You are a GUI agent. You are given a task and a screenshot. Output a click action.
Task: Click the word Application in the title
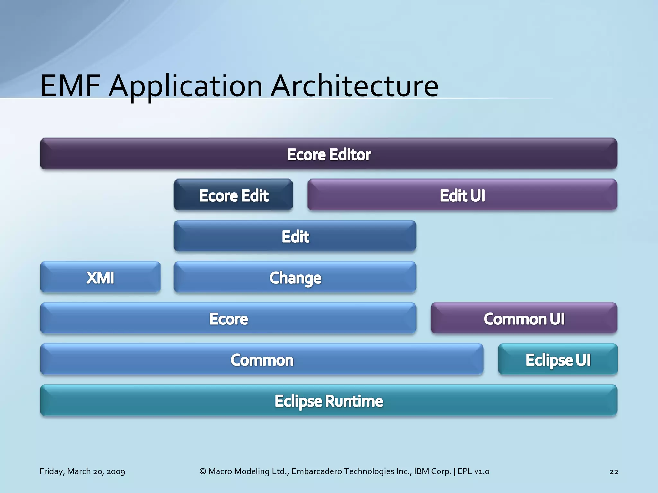click(x=186, y=87)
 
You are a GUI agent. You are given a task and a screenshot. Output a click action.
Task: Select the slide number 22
click(x=614, y=471)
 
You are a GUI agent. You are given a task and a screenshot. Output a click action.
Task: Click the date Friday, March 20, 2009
click(x=82, y=471)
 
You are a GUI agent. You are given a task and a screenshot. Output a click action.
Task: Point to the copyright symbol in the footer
click(x=203, y=471)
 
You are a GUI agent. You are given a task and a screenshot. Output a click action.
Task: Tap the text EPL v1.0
click(x=473, y=471)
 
